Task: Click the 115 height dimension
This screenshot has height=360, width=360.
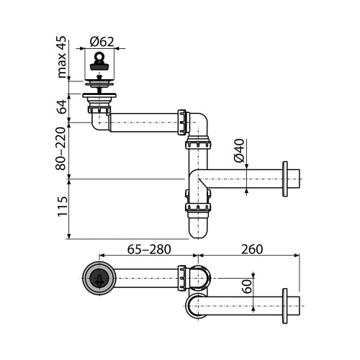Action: point(63,208)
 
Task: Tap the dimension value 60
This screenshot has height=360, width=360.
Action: point(247,287)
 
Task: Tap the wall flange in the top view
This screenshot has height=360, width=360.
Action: point(287,306)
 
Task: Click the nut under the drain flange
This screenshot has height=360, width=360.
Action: point(99,107)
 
